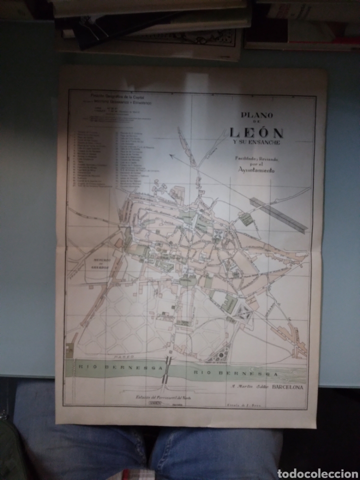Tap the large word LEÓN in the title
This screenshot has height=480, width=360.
pyautogui.click(x=256, y=132)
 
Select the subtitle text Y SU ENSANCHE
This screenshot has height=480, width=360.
pyautogui.click(x=256, y=143)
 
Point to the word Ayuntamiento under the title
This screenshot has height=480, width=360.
pyautogui.click(x=257, y=171)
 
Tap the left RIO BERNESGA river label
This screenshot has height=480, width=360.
pyautogui.click(x=118, y=367)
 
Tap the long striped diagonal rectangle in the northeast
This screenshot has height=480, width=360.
pyautogui.click(x=278, y=214)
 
